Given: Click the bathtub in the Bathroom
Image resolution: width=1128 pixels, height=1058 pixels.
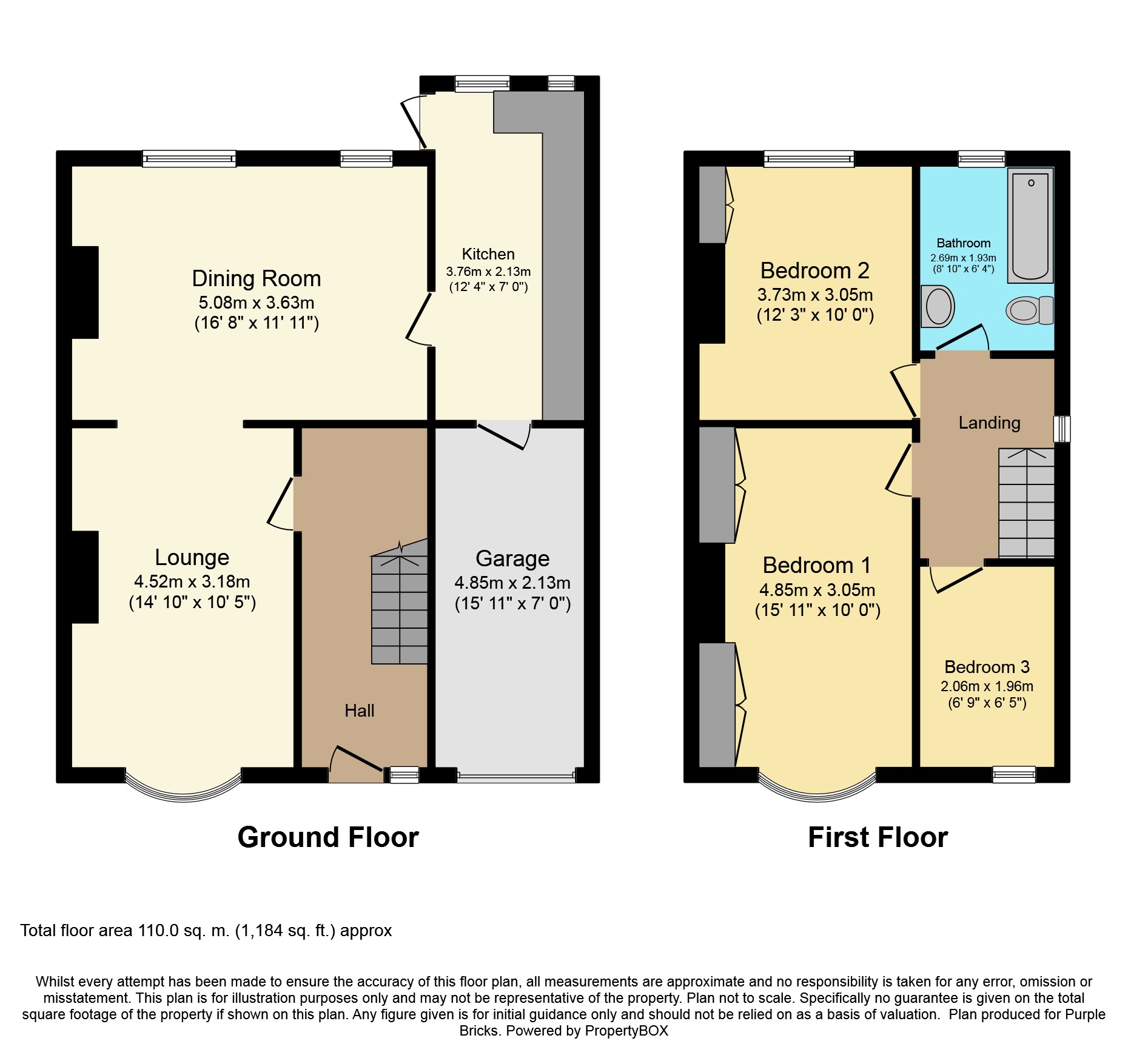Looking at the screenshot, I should coord(1030,226).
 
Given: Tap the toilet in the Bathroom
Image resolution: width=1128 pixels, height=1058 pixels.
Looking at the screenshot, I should coord(1029,310).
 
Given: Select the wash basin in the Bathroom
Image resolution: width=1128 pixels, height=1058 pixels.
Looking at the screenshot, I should coord(938,306).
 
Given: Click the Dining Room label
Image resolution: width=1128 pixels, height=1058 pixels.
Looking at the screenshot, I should coord(257,278).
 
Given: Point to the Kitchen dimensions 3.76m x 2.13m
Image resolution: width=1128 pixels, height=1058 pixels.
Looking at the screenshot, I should coord(488,272).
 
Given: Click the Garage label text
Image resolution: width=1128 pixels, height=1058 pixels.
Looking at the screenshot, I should coord(512,558).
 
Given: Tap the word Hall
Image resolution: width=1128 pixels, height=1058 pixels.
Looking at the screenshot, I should coord(359,711).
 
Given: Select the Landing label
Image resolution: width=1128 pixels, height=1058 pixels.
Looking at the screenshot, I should coord(989,423).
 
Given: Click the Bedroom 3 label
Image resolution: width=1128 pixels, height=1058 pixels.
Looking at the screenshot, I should coord(987,667).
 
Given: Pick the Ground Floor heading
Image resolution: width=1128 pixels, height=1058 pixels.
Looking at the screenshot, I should coord(328,837).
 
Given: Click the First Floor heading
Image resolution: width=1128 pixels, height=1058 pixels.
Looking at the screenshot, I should coord(878,837).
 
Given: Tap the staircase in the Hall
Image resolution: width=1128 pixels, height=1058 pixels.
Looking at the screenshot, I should coord(400,606).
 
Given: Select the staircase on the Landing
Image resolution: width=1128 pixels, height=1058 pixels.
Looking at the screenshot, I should coord(1026,503).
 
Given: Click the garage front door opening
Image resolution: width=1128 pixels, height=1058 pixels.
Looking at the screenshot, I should coord(516,775).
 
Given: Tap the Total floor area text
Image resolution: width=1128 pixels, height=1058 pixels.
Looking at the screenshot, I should coord(206,931).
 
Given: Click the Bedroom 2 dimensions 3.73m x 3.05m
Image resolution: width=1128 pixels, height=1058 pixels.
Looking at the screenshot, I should coord(815,295).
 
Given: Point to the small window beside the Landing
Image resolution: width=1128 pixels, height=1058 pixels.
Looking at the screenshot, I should coord(1062,429).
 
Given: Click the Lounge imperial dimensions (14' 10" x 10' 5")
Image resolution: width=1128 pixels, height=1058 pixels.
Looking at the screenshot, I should coord(192,602).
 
